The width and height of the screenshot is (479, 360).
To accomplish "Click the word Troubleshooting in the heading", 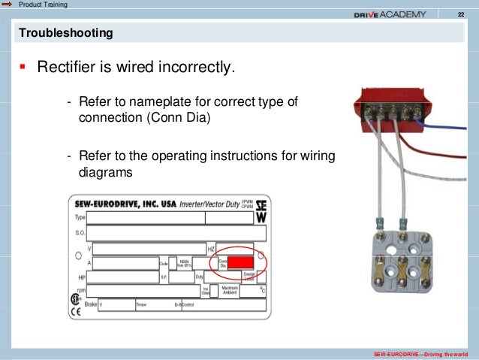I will pos(66,34).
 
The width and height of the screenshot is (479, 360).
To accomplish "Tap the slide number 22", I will pos(461,15).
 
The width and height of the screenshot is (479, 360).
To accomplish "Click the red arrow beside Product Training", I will pos(7,5).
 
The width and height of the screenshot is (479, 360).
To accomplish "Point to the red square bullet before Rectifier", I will pos(23,68).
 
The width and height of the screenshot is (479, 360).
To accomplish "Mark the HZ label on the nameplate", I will pos(211,247).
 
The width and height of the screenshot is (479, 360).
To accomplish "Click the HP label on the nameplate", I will pos(82,277).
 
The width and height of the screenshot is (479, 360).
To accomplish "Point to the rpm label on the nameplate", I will pos(81,291).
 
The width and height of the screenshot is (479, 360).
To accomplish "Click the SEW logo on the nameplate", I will pos(261,210).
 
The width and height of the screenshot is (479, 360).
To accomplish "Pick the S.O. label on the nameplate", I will pos(80,232).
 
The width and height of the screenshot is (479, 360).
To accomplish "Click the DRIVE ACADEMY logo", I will pos(390,14).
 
